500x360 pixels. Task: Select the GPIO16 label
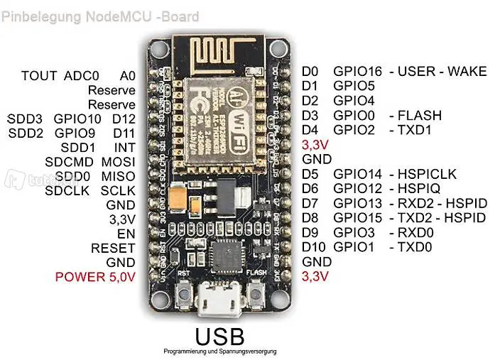[x=357, y=71]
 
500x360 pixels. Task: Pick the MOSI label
[x=118, y=161]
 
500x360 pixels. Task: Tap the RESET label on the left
[x=112, y=248]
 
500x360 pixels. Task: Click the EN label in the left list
[x=126, y=233]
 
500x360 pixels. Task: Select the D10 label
[x=312, y=247]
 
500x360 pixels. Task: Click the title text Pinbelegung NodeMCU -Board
[x=99, y=16]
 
